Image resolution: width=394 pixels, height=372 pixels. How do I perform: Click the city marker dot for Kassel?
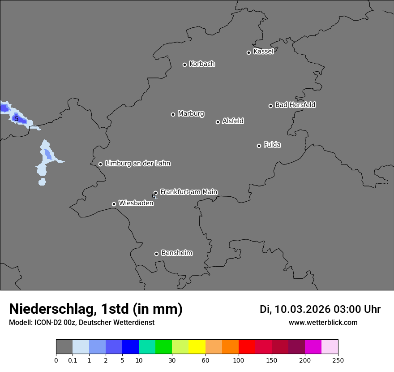click(x=248, y=52)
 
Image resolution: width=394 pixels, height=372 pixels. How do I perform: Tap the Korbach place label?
click(x=202, y=64)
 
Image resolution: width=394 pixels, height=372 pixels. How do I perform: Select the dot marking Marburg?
click(x=173, y=114)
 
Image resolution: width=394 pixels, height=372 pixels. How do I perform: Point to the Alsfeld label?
click(x=233, y=121)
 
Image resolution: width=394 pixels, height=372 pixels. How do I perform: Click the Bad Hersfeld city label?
click(x=295, y=105)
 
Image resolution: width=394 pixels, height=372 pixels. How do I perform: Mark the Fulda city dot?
click(x=259, y=146)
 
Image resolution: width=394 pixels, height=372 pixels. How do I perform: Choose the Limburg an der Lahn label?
click(x=137, y=163)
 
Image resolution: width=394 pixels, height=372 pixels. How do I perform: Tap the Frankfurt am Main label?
click(x=188, y=192)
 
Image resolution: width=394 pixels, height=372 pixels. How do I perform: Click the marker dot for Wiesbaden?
click(x=114, y=204)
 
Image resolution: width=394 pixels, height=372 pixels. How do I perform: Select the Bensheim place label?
click(x=176, y=253)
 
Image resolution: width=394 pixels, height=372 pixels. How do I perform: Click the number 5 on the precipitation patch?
click(x=17, y=119)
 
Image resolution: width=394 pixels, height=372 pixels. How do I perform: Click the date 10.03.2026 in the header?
click(x=303, y=309)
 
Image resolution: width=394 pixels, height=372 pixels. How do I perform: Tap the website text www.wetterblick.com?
click(x=323, y=322)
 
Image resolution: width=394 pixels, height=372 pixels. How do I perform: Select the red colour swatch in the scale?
click(x=247, y=347)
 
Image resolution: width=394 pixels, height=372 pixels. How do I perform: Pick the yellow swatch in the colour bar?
click(x=197, y=347)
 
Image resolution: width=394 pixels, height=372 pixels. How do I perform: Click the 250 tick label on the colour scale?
click(x=338, y=360)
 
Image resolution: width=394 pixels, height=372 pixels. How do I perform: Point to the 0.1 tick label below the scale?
click(x=73, y=360)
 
